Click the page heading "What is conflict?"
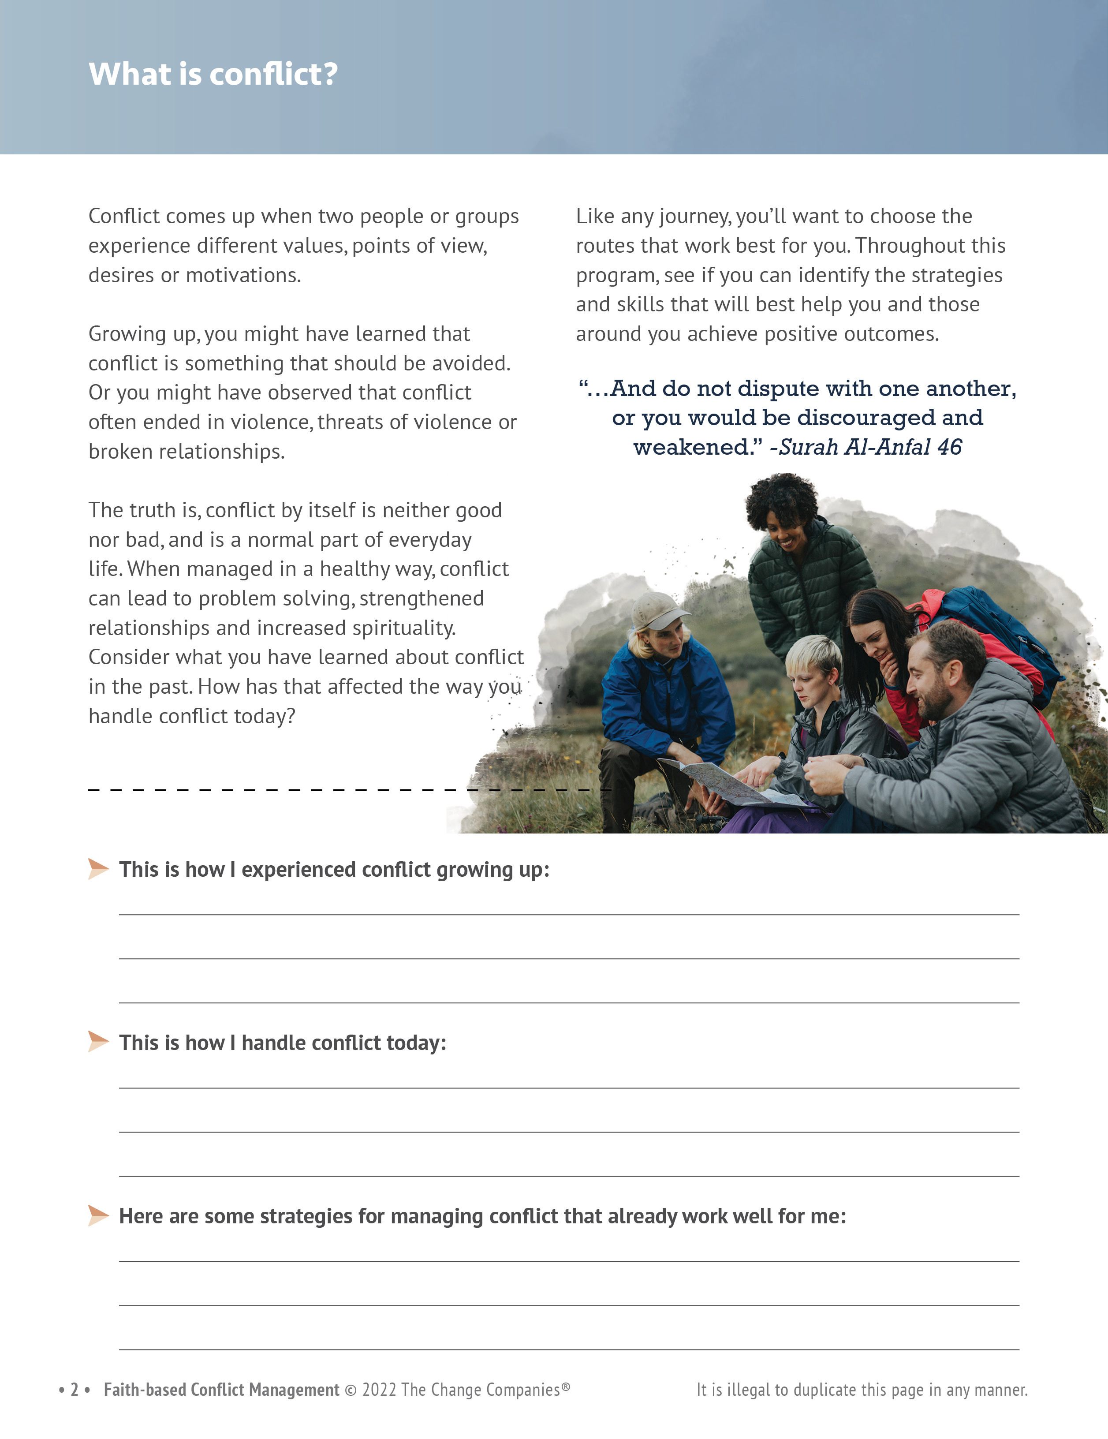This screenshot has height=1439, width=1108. pyautogui.click(x=213, y=74)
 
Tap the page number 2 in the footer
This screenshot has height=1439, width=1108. pyautogui.click(x=75, y=1390)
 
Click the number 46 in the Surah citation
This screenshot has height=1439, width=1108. pyautogui.click(x=949, y=447)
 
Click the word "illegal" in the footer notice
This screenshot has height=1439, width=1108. pyautogui.click(x=749, y=1390)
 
